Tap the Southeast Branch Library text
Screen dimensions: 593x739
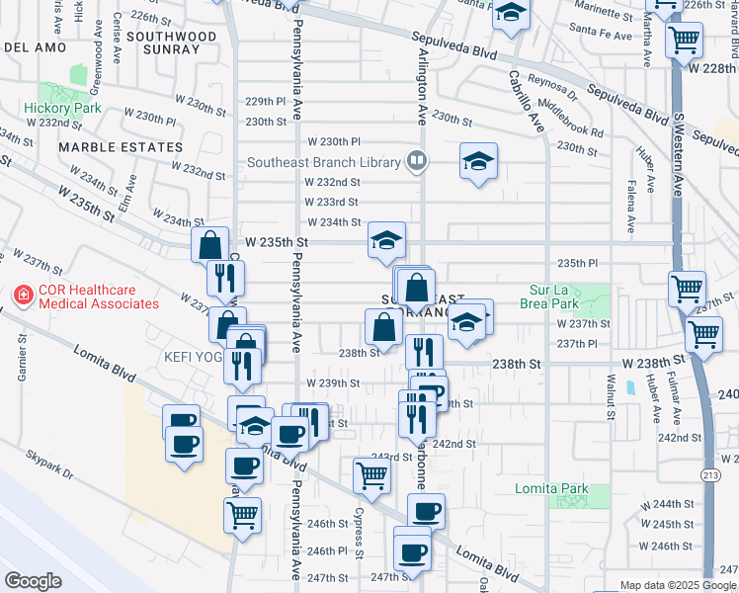323,163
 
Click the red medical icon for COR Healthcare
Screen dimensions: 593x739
22,296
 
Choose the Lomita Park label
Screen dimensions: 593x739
551,488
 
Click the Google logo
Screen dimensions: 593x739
33,580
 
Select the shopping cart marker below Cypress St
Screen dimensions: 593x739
370,475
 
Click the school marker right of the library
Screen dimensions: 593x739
478,161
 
